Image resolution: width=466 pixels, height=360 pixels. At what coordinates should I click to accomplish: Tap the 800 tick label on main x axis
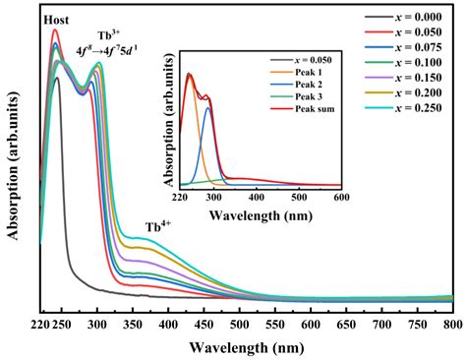point(451,323)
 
